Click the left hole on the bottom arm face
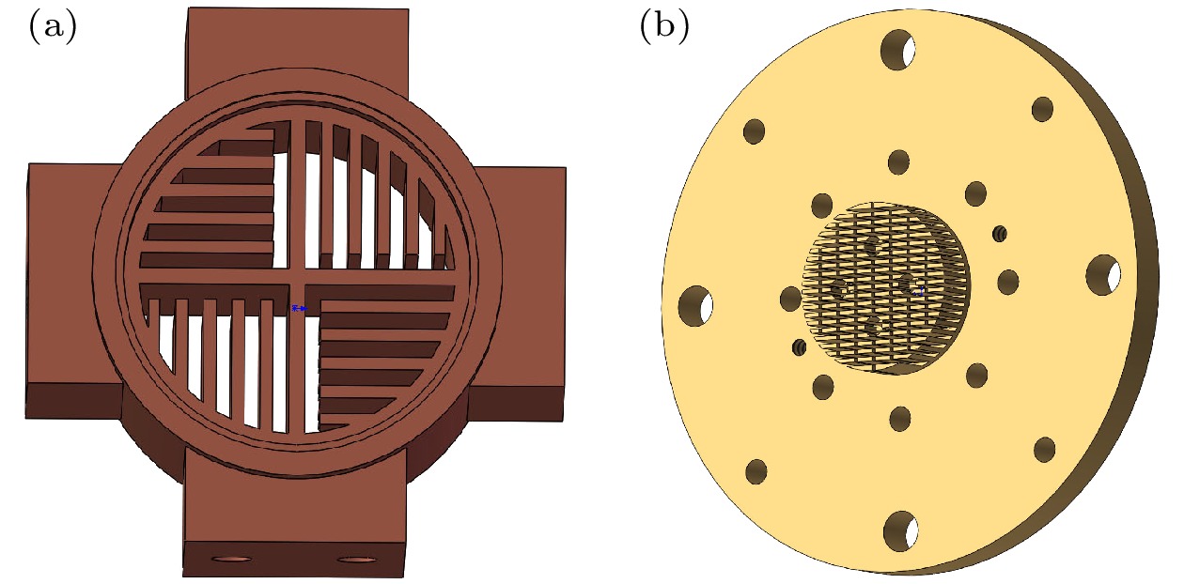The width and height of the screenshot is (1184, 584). pos(232,560)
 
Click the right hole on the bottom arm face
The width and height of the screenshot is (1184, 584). pos(355,560)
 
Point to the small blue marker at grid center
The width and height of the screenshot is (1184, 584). pos(299,308)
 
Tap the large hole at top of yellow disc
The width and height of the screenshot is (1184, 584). pos(898,49)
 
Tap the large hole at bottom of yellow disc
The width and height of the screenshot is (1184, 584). pos(900,530)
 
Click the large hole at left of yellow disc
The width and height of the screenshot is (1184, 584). pos(695,305)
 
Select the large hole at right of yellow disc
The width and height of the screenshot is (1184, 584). pos(1103,275)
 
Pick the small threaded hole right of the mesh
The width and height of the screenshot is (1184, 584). pos(1000,232)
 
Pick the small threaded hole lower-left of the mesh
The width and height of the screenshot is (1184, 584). pos(800,347)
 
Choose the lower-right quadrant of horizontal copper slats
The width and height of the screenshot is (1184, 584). pos(381,352)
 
